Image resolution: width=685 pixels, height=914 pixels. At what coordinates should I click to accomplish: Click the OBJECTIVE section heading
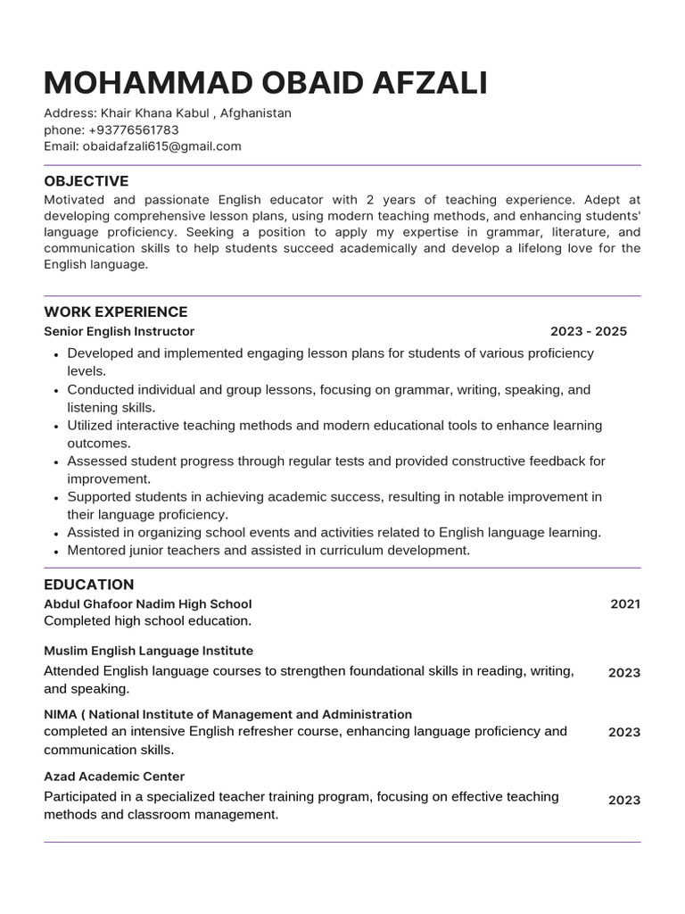[87, 181]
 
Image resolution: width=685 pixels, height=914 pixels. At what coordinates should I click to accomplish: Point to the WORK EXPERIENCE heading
[116, 312]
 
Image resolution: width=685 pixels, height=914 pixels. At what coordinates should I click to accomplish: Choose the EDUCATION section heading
[89, 585]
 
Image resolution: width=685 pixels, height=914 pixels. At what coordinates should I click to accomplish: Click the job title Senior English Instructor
[120, 331]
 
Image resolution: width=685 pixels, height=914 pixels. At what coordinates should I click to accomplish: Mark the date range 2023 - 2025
[588, 331]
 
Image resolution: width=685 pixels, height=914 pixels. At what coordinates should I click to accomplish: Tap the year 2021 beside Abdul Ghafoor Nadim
[625, 604]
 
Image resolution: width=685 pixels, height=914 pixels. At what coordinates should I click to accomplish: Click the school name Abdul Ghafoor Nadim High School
[148, 604]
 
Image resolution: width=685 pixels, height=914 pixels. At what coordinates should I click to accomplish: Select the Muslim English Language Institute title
[149, 651]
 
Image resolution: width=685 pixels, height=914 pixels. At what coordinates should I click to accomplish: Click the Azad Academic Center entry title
[114, 777]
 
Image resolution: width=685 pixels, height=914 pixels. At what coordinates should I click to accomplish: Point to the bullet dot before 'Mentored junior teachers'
[56, 552]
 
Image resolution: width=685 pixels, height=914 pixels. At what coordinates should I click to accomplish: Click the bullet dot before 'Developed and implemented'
[56, 354]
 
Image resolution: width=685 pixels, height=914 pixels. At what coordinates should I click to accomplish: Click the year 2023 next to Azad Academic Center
[624, 800]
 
